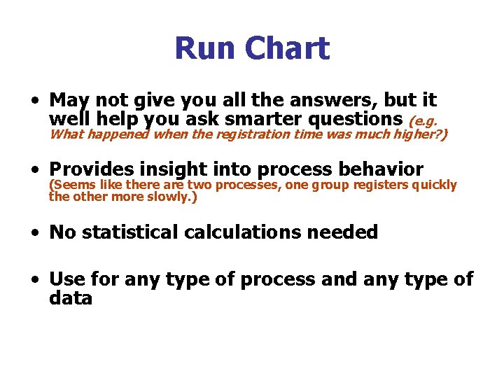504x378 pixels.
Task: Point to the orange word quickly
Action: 434,185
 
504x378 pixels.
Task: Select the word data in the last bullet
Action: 71,299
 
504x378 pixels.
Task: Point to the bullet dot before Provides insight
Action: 34,170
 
